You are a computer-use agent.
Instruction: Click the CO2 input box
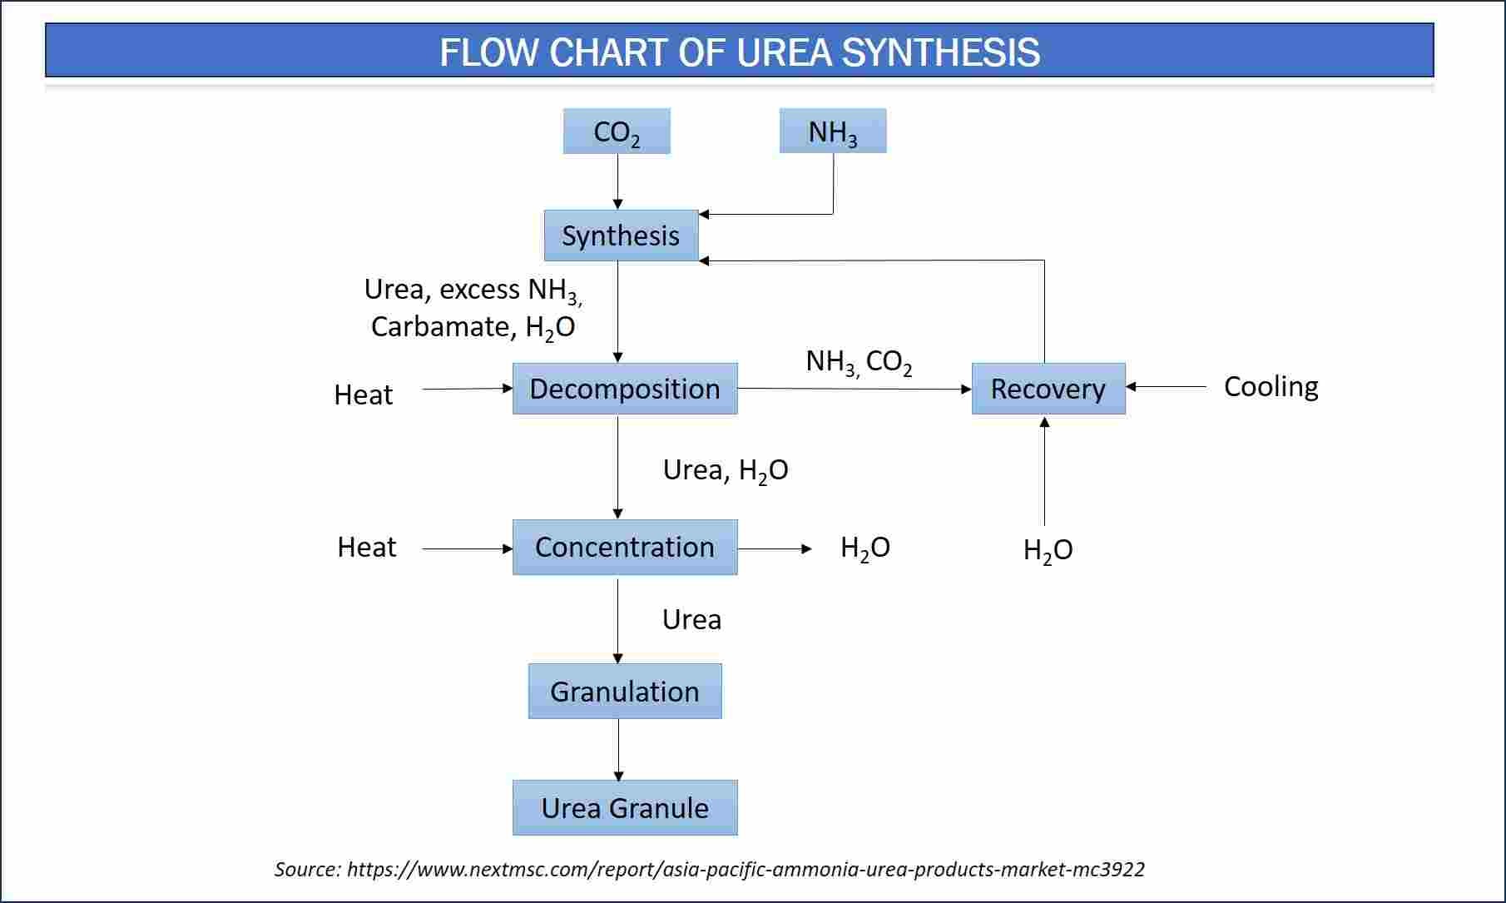click(x=617, y=131)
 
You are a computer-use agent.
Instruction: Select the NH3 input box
click(x=833, y=131)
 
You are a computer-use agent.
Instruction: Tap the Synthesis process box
click(x=621, y=236)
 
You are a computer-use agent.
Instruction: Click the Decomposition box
click(x=625, y=389)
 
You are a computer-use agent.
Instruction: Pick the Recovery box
click(x=1048, y=389)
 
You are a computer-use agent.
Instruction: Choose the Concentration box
click(x=625, y=547)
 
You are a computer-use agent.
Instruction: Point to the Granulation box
click(x=625, y=691)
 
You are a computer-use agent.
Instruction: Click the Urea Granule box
click(x=625, y=807)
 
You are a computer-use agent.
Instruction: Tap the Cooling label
click(x=1271, y=387)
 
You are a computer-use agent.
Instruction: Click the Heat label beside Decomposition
click(x=364, y=394)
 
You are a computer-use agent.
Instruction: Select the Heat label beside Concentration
click(x=367, y=547)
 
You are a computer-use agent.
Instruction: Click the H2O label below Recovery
click(x=1048, y=550)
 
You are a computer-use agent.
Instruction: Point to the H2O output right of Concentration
click(x=865, y=548)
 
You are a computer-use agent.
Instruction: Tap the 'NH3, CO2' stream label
click(x=860, y=362)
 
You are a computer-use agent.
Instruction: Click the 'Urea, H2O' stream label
click(x=726, y=471)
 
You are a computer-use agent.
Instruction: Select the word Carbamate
click(x=443, y=326)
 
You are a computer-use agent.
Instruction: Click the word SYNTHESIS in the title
click(x=941, y=52)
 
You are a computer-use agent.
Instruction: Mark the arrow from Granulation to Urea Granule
click(x=618, y=750)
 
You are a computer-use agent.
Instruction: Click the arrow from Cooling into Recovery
click(x=1166, y=387)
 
